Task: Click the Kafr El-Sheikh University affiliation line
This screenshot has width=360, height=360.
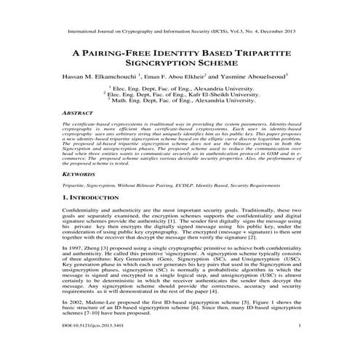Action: tap(182, 93)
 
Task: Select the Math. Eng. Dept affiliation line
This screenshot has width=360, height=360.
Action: tap(182, 100)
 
